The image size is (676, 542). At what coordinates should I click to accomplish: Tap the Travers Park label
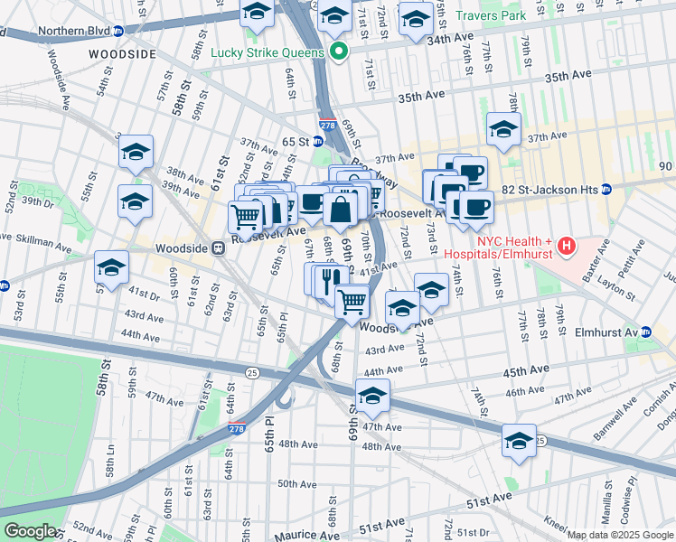point(491,15)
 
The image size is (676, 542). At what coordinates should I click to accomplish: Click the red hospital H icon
point(567,245)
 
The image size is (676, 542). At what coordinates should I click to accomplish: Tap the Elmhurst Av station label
point(606,332)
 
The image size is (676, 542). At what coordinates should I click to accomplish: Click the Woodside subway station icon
point(218,248)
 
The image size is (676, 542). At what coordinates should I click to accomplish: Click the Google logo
point(30,531)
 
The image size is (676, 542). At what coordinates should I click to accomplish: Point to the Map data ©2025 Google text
point(620,535)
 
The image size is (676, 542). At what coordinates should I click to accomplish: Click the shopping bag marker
point(340,210)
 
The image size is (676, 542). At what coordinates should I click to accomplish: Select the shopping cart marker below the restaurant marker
point(352,300)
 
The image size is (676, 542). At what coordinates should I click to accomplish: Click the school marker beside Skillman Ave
point(112,267)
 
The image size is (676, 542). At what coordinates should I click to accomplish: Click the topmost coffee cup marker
point(470,171)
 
